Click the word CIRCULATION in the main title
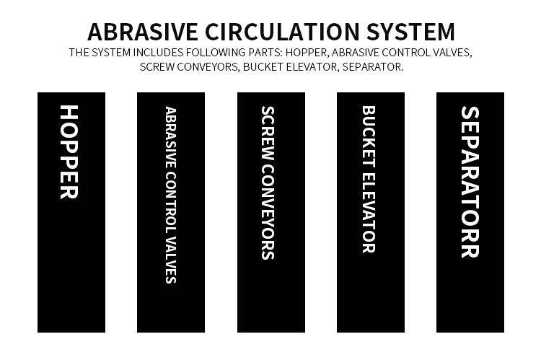(282, 32)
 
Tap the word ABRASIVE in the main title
(143, 32)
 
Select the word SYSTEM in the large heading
(410, 32)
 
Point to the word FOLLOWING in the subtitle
(215, 53)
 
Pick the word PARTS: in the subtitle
(265, 53)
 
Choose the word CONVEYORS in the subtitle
(210, 66)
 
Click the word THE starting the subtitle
(79, 53)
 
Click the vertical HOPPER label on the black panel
(69, 152)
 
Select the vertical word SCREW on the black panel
(268, 133)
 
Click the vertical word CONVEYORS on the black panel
(268, 212)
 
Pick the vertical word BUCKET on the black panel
(369, 136)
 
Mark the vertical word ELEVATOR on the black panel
(369, 212)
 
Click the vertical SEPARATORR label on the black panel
(470, 182)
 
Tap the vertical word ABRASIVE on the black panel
(171, 137)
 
